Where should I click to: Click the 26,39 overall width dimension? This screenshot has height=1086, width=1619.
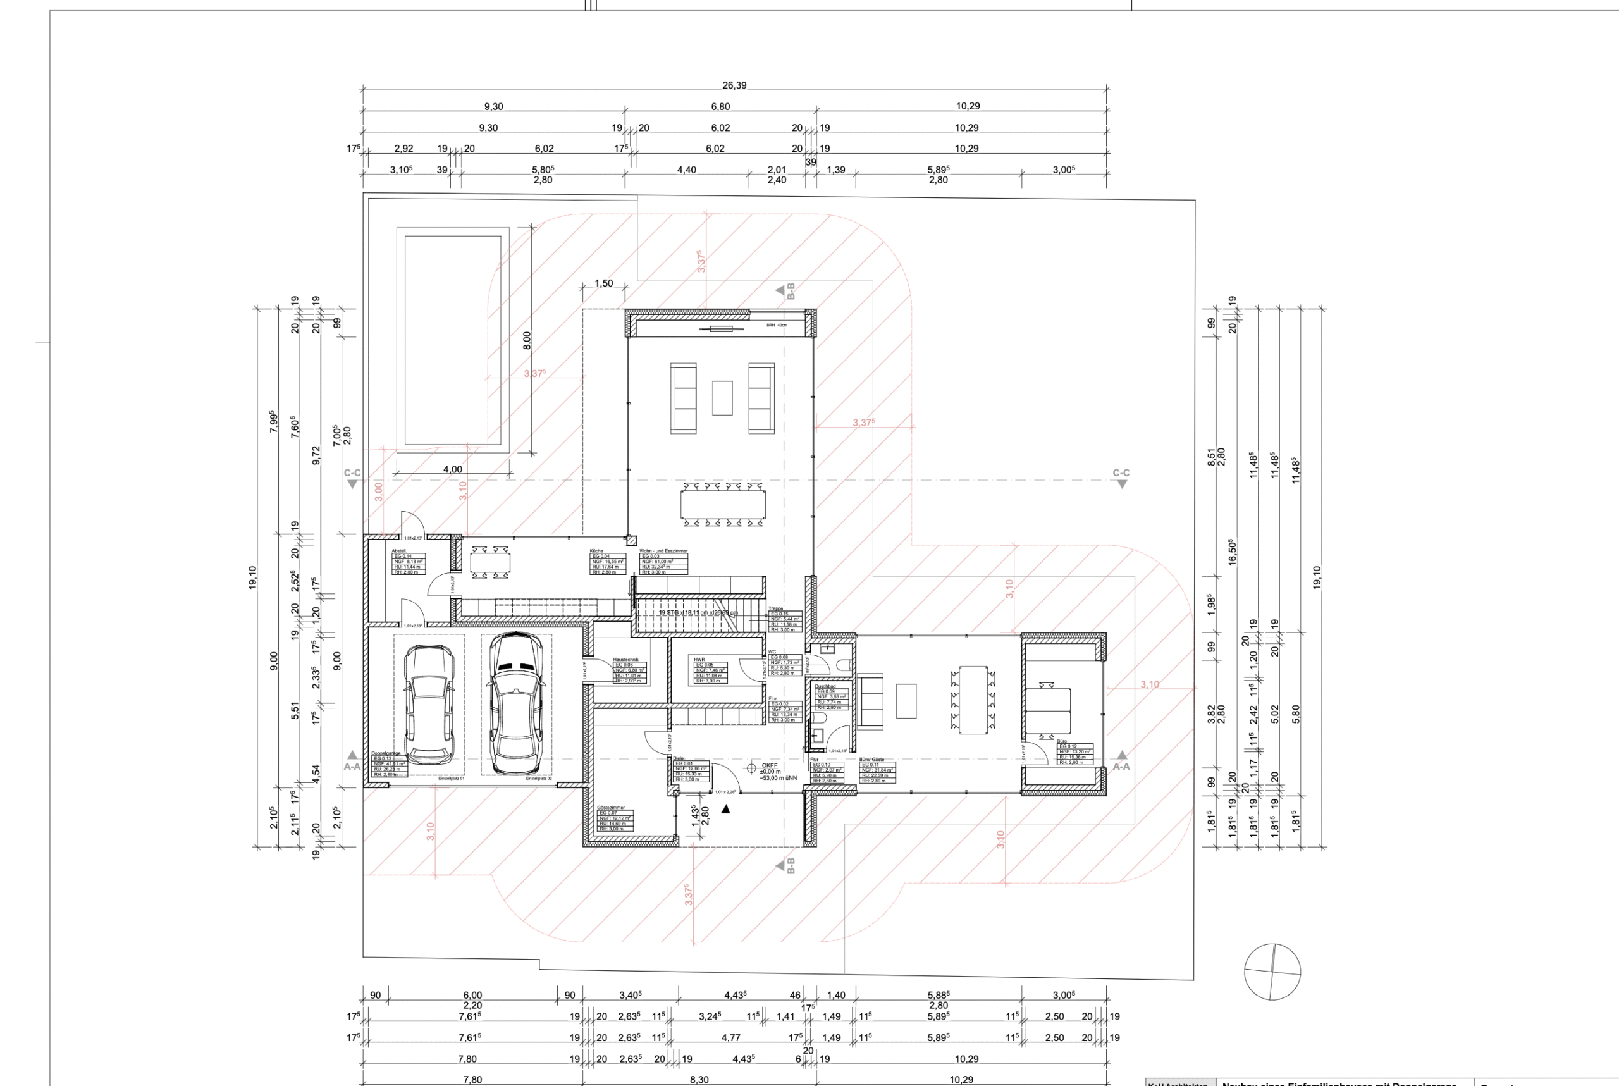pyautogui.click(x=734, y=85)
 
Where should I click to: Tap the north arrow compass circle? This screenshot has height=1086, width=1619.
pyautogui.click(x=1272, y=972)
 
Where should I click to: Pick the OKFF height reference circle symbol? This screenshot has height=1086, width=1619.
pyautogui.click(x=751, y=768)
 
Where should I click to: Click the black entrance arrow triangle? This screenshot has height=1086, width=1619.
pyautogui.click(x=726, y=809)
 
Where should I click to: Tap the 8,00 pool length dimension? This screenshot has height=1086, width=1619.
pyautogui.click(x=527, y=340)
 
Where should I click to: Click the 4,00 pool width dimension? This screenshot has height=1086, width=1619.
pyautogui.click(x=452, y=469)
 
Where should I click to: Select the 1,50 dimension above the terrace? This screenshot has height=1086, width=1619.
pyautogui.click(x=603, y=283)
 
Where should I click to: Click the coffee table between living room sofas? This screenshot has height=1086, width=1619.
pyautogui.click(x=722, y=398)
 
